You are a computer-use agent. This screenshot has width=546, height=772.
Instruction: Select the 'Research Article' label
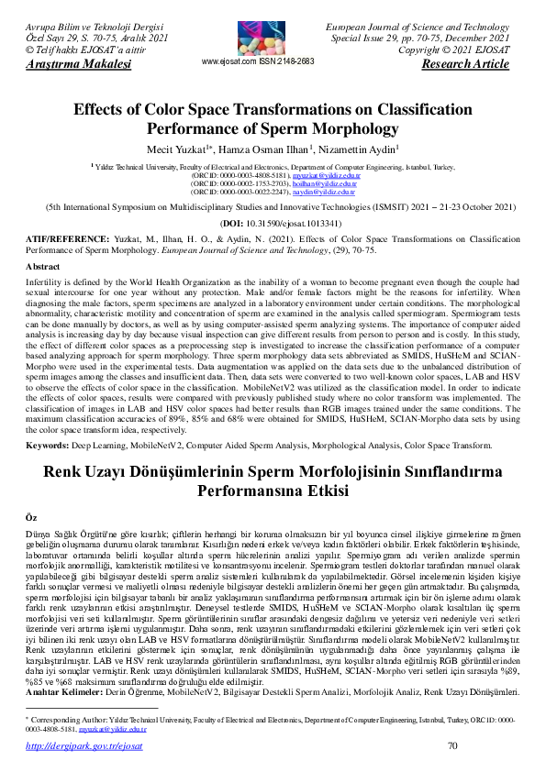(464, 65)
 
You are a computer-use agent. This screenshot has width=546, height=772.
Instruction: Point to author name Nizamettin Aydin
(362, 149)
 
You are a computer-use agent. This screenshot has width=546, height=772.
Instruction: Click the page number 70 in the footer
(451, 747)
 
